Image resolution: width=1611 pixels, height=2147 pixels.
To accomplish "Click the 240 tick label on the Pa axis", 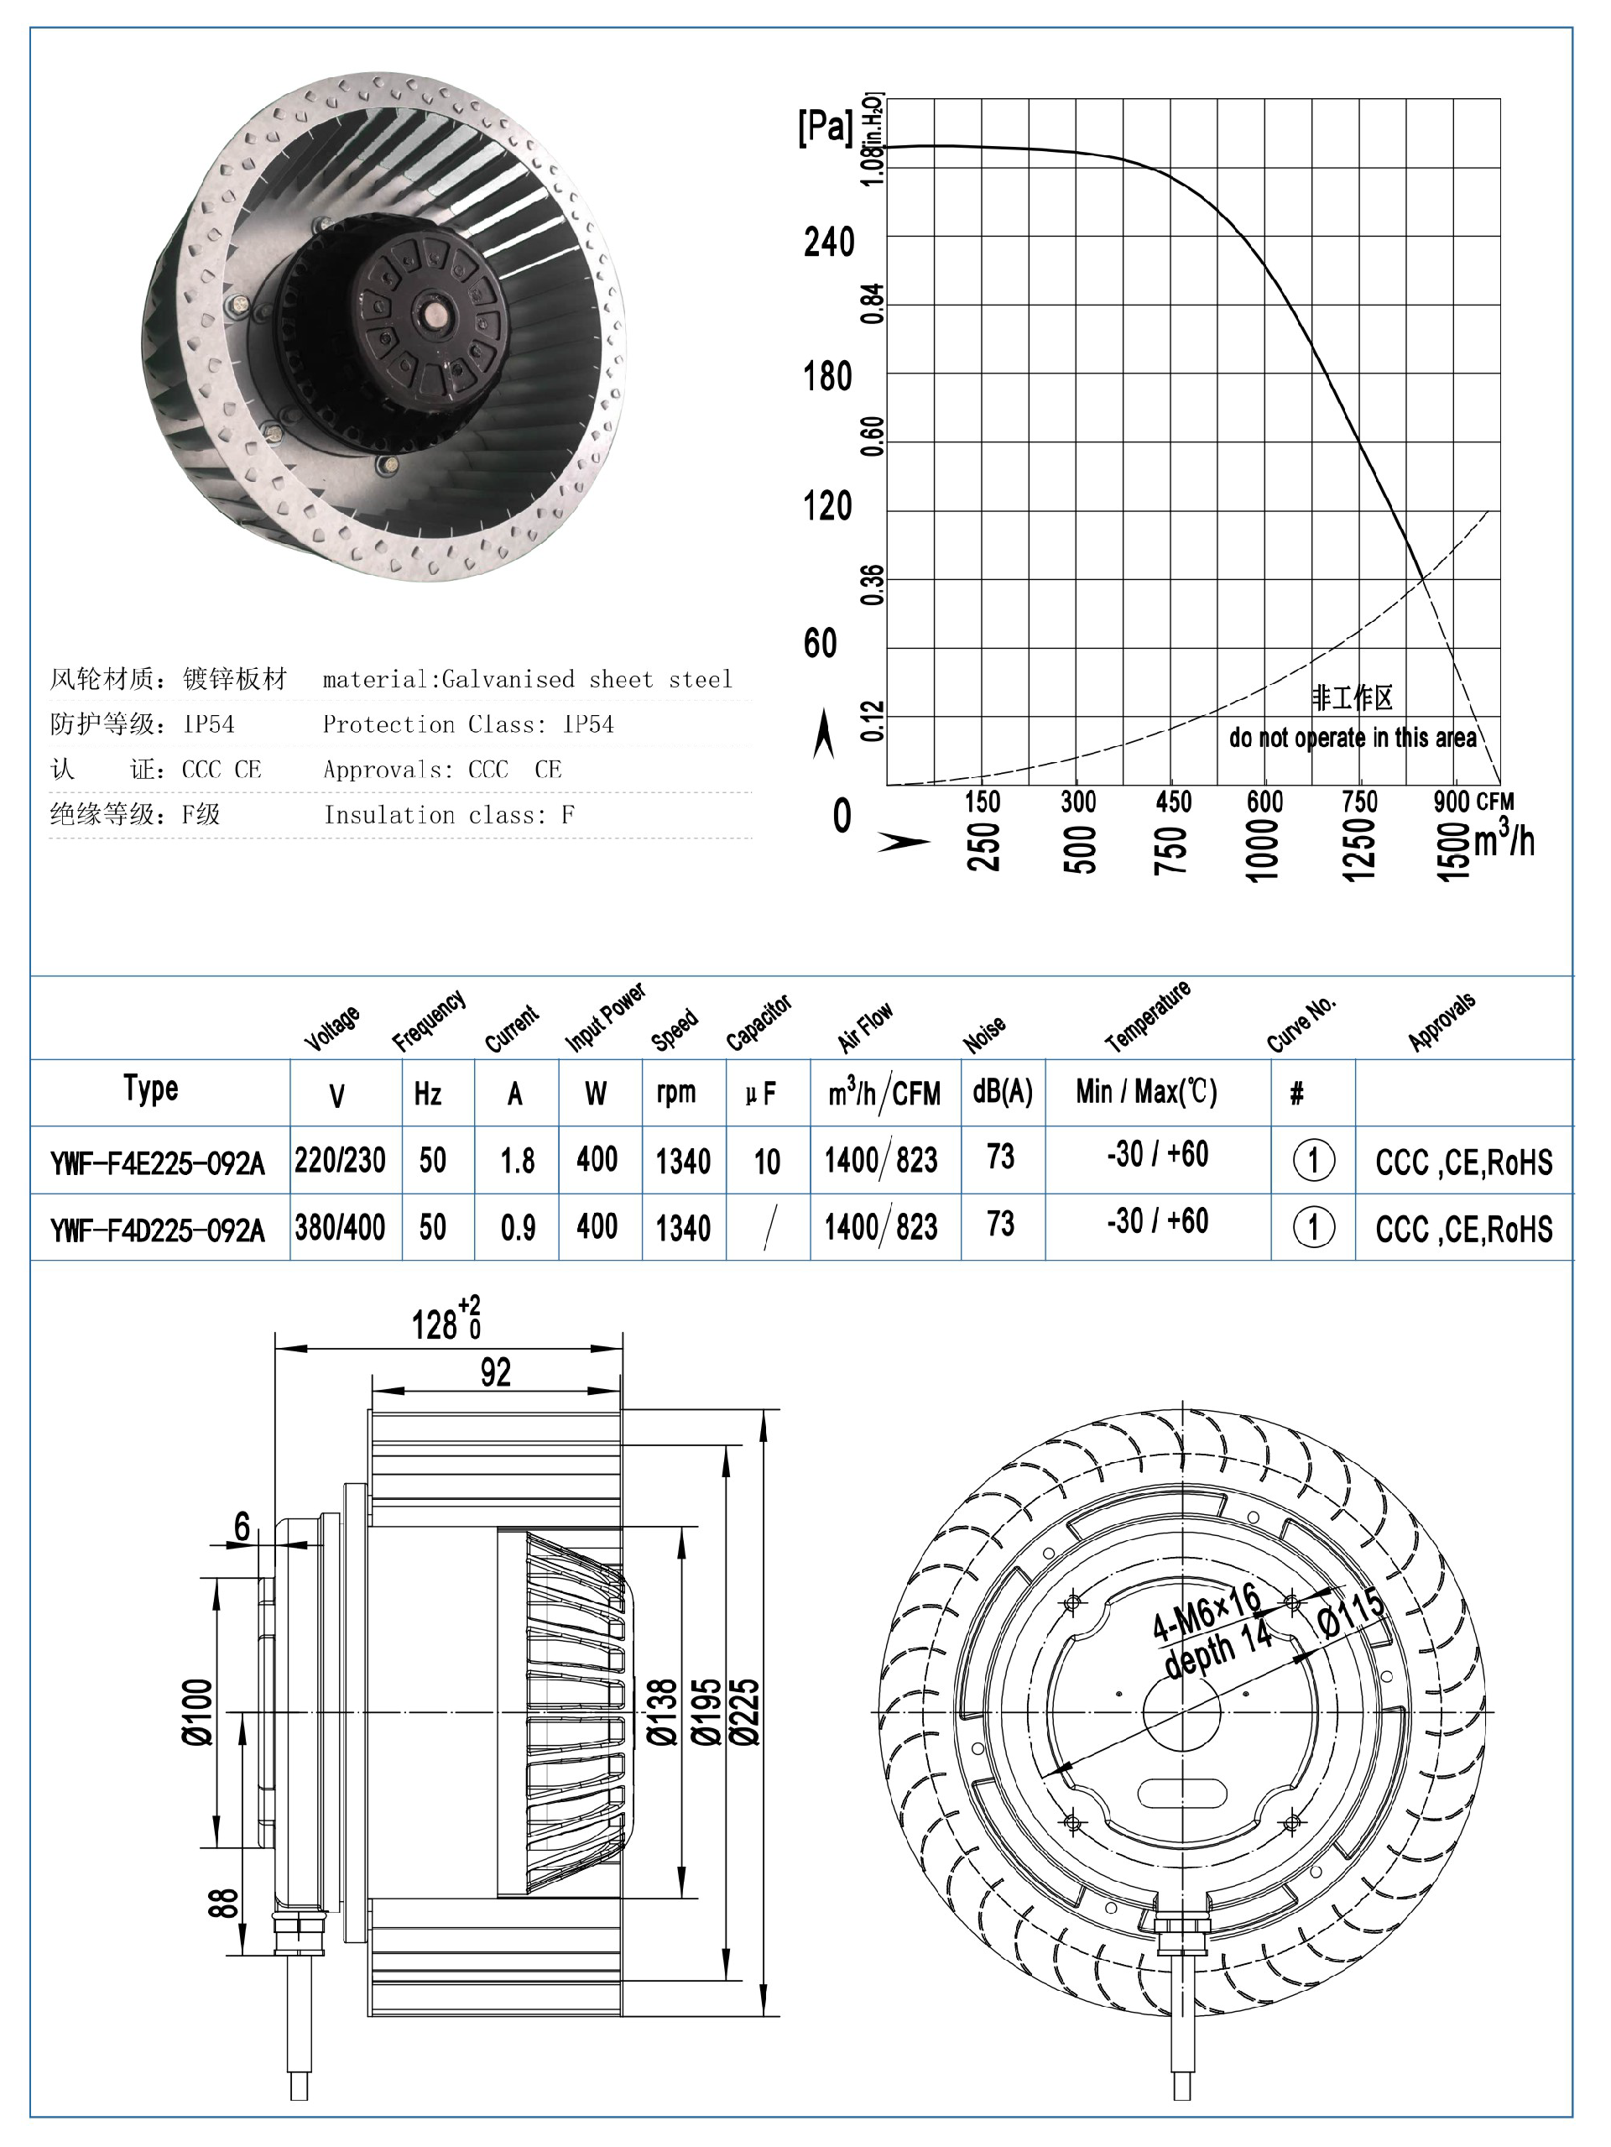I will point(828,243).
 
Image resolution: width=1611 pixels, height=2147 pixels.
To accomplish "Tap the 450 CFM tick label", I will point(1172,802).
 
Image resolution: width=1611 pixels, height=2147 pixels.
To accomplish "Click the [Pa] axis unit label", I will point(825,126).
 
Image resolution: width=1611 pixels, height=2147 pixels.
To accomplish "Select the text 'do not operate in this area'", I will point(1352,738).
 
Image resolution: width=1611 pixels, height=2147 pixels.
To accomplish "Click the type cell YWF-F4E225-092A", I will point(157,1162).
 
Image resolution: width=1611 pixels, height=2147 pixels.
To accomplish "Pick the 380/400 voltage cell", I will point(340,1228).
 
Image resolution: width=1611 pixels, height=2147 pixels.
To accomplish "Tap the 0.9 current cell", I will point(517,1229).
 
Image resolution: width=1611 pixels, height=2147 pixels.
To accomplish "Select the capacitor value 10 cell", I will point(767,1162).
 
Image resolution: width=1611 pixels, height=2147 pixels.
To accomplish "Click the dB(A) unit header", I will point(1003,1092).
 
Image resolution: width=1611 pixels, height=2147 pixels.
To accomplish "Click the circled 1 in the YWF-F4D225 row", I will point(1313,1228).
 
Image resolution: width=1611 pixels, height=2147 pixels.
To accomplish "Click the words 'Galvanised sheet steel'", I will point(587,679).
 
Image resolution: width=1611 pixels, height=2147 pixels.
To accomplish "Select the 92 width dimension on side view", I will point(495,1372).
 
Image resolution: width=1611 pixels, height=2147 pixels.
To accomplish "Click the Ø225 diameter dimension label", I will point(744,1712).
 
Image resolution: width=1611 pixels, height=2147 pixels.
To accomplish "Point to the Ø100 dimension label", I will point(198,1712).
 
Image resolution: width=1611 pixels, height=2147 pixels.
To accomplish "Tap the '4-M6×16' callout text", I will point(1206,1612).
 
